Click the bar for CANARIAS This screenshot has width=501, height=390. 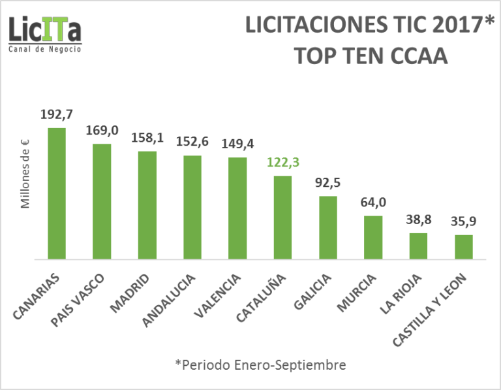coord(57,193)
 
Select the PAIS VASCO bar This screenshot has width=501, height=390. coord(102,201)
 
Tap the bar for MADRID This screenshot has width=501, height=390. coord(147,205)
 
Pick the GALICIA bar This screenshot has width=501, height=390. coord(327,227)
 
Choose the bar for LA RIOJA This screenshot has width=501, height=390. coord(418,246)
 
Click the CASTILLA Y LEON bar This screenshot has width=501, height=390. coord(463,247)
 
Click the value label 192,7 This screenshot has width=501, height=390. coord(57,115)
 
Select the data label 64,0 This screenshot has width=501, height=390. coord(373,203)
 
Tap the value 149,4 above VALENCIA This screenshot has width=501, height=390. coord(237,144)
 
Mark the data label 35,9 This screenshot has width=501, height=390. coord(463,221)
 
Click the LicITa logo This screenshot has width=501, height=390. coord(45,29)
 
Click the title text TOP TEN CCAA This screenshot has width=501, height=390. coord(370,56)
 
